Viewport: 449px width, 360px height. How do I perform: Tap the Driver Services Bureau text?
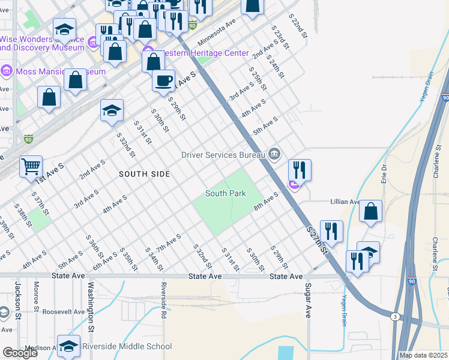[x=223, y=155]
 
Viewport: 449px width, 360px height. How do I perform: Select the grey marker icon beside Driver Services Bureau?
[x=274, y=154]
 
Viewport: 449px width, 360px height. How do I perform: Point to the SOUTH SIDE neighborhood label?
[x=144, y=174]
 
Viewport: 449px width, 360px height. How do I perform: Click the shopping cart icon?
[x=31, y=166]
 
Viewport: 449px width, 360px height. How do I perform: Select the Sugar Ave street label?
[x=308, y=300]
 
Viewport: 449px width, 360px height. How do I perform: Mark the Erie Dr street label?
[x=384, y=174]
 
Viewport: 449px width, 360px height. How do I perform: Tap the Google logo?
[x=20, y=353]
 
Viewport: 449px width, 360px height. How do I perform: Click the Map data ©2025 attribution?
[x=424, y=355]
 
